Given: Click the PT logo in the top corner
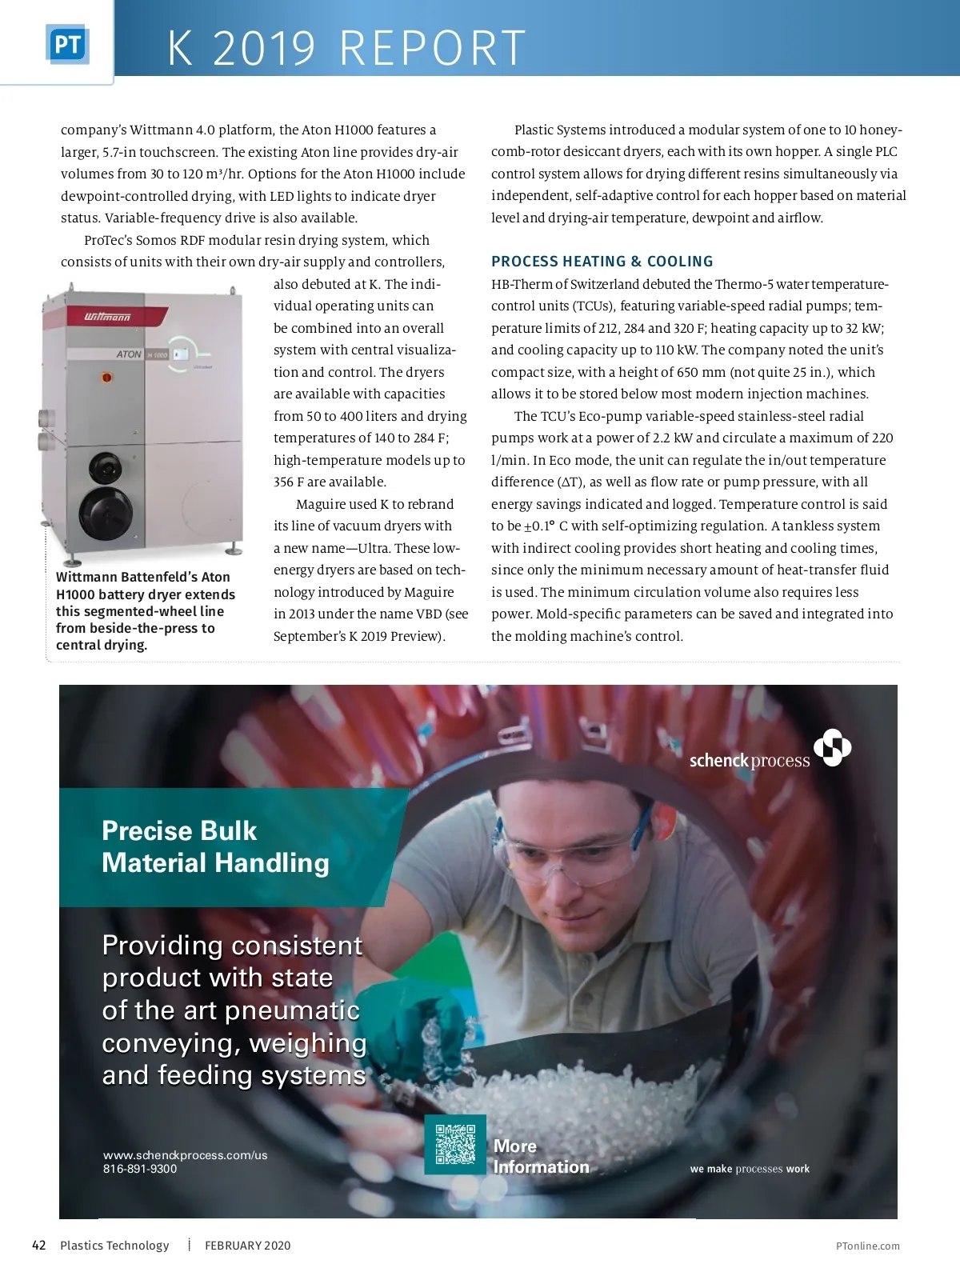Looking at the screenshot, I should point(67,45).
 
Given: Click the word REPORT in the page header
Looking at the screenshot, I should point(433,48).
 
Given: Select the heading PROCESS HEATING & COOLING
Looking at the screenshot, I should point(602,262).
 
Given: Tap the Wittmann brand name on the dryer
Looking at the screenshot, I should point(107,318).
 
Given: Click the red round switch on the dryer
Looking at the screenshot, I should point(106,377).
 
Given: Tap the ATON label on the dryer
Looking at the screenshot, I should point(128,354).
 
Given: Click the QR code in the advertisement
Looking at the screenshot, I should point(455,1144).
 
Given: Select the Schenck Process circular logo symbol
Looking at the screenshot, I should point(832,747).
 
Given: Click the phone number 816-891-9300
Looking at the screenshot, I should point(140,1169).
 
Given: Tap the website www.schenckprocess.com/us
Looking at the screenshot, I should point(185,1155).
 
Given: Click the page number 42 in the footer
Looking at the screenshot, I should point(38,1245).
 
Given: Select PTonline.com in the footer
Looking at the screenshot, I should point(867,1246).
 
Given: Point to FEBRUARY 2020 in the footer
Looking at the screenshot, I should point(247,1246).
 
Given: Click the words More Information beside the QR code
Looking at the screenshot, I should point(541,1157).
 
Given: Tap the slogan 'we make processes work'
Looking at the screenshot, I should point(750,1169).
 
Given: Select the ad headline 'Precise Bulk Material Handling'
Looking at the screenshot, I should point(215,847).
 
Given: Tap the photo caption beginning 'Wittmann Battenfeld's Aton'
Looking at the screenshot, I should point(145,610).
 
